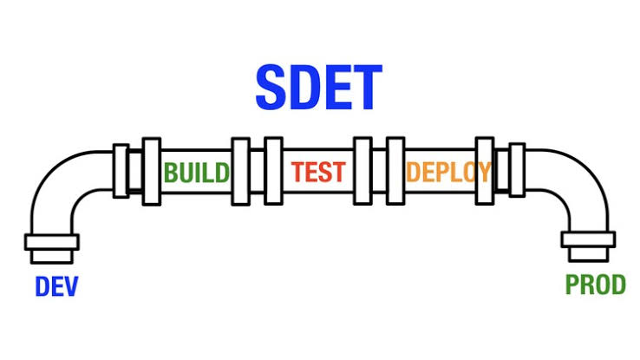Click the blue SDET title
[x=318, y=87]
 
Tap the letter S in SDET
[x=274, y=87]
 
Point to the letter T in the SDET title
[x=365, y=87]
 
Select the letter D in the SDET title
[x=306, y=87]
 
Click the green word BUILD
[x=197, y=172]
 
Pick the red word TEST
[x=318, y=172]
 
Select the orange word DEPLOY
[x=447, y=172]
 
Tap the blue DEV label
[x=56, y=286]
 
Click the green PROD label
[x=596, y=285]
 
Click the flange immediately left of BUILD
[x=151, y=171]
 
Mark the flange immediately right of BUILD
[x=241, y=171]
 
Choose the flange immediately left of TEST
[x=273, y=171]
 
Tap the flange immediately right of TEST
[x=362, y=171]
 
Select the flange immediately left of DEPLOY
[x=395, y=171]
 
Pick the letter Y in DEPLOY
[x=482, y=172]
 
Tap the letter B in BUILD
[x=172, y=172]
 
